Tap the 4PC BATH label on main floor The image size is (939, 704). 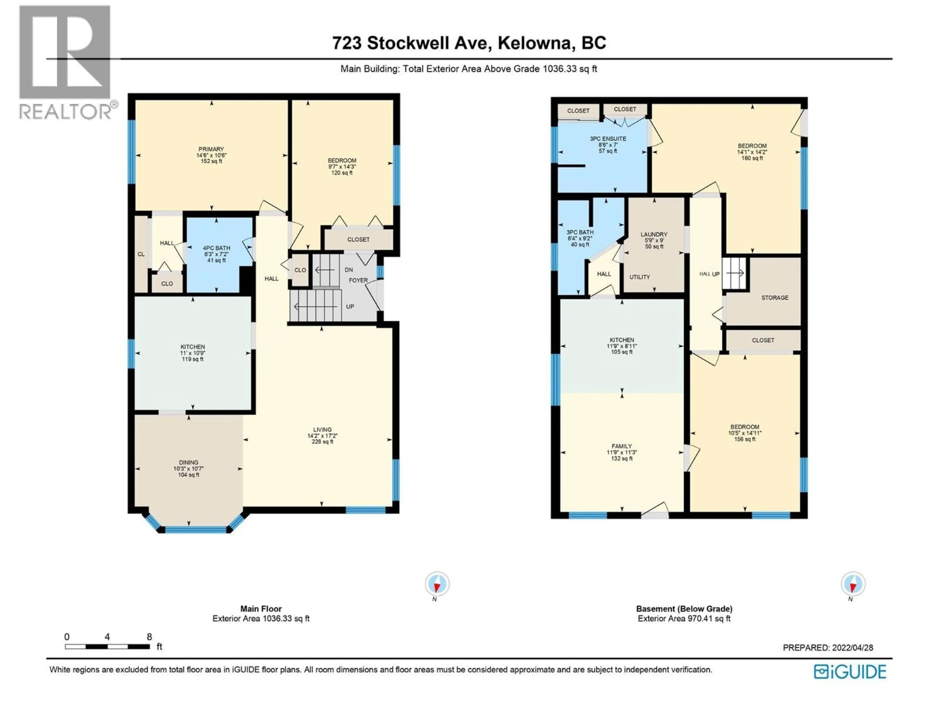(216, 248)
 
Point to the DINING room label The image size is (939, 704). (189, 462)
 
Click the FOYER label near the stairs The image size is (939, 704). (358, 280)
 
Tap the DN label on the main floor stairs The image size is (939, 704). (348, 270)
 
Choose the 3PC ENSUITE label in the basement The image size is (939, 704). (608, 139)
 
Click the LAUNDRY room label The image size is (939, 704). (654, 234)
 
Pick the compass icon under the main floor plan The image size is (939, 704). (437, 584)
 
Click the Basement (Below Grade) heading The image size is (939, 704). (684, 608)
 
